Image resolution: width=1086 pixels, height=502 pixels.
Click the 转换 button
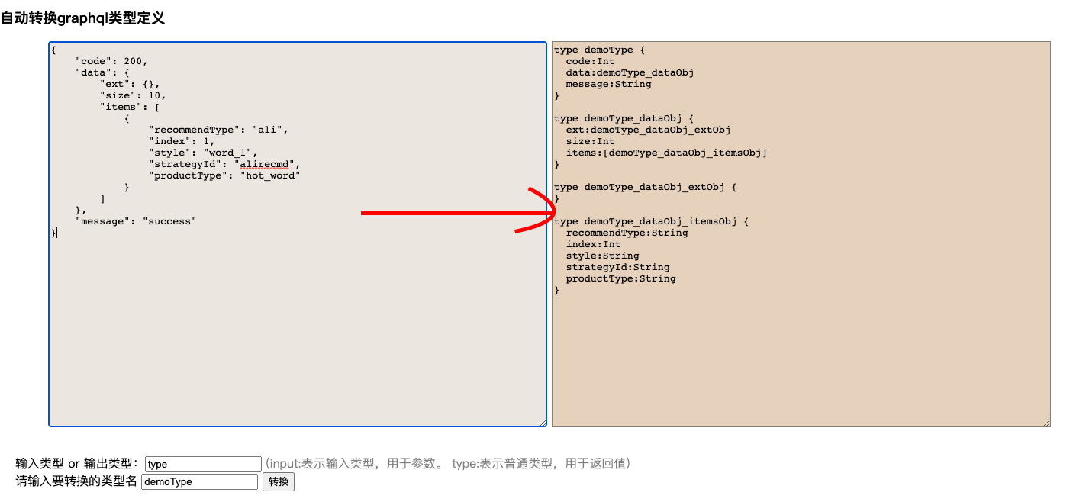point(278,482)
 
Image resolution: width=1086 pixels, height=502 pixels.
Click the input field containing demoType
point(199,482)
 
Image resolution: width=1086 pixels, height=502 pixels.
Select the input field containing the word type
point(203,464)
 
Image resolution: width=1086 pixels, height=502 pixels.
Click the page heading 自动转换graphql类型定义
point(82,18)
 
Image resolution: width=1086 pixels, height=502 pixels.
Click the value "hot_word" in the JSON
point(270,175)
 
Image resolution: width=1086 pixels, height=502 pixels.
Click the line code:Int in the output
point(590,61)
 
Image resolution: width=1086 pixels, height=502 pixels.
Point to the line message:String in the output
point(608,84)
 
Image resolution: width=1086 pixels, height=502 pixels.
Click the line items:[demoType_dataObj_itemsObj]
point(666,153)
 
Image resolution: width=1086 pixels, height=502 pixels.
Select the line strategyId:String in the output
point(617,267)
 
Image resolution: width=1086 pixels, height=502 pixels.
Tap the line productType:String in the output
point(620,278)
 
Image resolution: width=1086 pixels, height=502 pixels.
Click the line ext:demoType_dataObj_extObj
point(648,130)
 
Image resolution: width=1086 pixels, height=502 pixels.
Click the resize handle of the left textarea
point(543,423)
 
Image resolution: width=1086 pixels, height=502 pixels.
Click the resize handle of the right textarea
point(1046,423)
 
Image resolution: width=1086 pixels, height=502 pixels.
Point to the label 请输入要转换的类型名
point(76,482)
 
